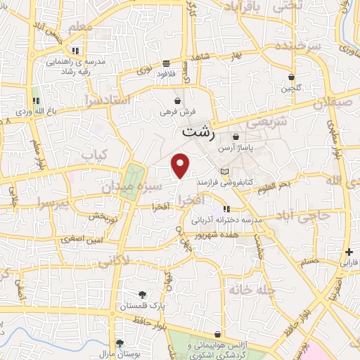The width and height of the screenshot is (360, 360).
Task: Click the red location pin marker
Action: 181,165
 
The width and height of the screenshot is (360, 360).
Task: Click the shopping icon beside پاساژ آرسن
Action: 236,136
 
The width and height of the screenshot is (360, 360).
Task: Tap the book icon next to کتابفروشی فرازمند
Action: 224,172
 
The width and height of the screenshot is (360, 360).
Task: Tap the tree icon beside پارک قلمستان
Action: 143,295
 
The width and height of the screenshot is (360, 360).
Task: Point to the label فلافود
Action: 165,72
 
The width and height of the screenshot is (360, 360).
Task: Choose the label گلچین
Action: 291,89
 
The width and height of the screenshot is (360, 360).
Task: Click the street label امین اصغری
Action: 82,239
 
